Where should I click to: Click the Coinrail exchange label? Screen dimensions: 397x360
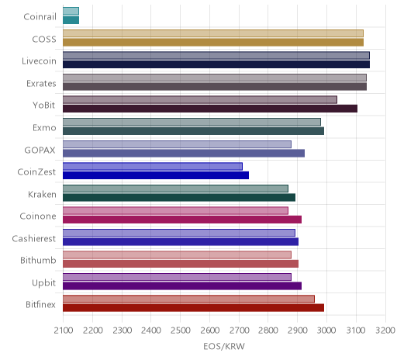[40, 17]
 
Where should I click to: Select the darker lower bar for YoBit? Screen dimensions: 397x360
[210, 109]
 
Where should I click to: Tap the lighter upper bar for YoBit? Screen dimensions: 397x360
[200, 100]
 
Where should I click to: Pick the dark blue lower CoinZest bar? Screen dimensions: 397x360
[156, 175]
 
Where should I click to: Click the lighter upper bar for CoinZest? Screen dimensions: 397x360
[153, 167]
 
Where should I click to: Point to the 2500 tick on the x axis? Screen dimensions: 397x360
[181, 331]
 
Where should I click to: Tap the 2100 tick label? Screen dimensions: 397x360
[64, 331]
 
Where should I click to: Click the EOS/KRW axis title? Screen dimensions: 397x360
[224, 346]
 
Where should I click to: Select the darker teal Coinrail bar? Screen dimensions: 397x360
[71, 20]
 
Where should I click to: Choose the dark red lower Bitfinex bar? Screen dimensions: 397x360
[193, 308]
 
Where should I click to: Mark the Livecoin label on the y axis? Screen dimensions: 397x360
[39, 61]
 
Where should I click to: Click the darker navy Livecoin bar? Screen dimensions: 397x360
[216, 64]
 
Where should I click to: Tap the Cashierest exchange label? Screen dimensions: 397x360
[34, 238]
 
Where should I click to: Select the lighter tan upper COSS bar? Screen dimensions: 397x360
[213, 33]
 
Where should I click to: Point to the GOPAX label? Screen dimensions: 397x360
[40, 150]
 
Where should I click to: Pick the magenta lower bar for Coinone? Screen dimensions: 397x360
[182, 220]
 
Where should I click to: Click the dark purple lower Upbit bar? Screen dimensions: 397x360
[182, 286]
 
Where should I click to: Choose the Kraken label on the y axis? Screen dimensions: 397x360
[42, 194]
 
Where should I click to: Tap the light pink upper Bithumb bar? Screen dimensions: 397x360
[177, 255]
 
